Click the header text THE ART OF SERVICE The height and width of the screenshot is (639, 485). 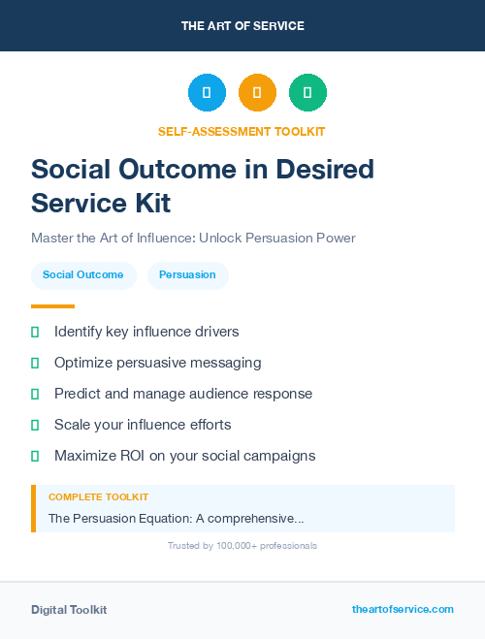[242, 25]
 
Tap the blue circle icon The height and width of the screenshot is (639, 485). [207, 93]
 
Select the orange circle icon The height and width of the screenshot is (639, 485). [257, 93]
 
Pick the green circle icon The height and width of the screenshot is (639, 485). [307, 93]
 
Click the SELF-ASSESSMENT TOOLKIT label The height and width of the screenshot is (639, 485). [242, 131]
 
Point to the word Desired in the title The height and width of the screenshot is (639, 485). [325, 170]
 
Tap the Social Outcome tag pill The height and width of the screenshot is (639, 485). [82, 274]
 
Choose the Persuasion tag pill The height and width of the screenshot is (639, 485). [187, 274]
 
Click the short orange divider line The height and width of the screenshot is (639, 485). [52, 306]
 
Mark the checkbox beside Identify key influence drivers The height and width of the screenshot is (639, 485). [35, 332]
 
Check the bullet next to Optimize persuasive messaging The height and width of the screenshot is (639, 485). [35, 363]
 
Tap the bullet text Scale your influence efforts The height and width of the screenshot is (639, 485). [143, 425]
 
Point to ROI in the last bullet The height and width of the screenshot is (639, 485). [135, 456]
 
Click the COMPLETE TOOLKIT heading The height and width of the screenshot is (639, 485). [98, 496]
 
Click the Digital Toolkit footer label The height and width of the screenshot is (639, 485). [69, 609]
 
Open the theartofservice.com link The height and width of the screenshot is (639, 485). [403, 609]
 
